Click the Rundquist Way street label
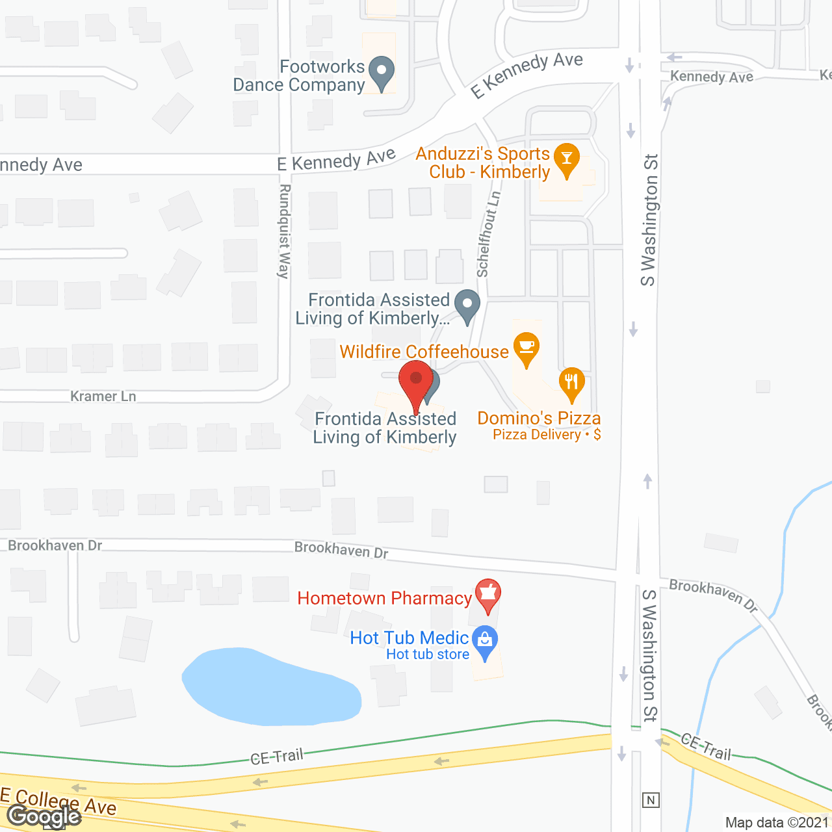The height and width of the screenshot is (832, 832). pyautogui.click(x=284, y=231)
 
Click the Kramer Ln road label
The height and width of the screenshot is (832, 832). pyautogui.click(x=103, y=396)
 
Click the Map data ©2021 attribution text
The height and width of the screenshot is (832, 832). pyautogui.click(x=777, y=823)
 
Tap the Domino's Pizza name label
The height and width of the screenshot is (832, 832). pyautogui.click(x=539, y=418)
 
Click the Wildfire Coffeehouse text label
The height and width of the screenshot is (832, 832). pyautogui.click(x=424, y=352)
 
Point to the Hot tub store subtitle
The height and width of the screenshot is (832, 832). pyautogui.click(x=428, y=655)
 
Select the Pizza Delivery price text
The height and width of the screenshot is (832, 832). pyautogui.click(x=546, y=435)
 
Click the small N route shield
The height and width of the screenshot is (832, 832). pyautogui.click(x=651, y=800)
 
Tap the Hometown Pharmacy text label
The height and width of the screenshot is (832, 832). pyautogui.click(x=384, y=598)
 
